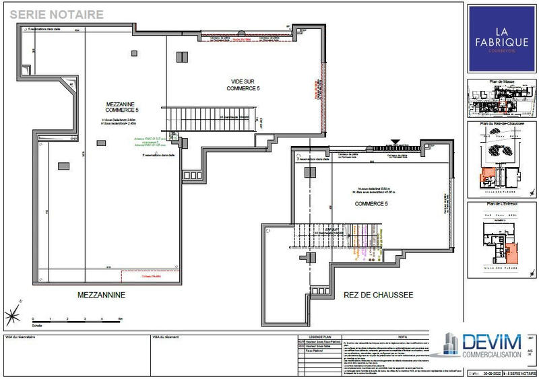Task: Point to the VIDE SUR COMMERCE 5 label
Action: pos(243,85)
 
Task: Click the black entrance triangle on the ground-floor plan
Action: pos(395,143)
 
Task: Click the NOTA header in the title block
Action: pos(402,335)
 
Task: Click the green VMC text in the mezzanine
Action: pos(147,142)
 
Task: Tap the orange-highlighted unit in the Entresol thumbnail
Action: pos(512,252)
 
